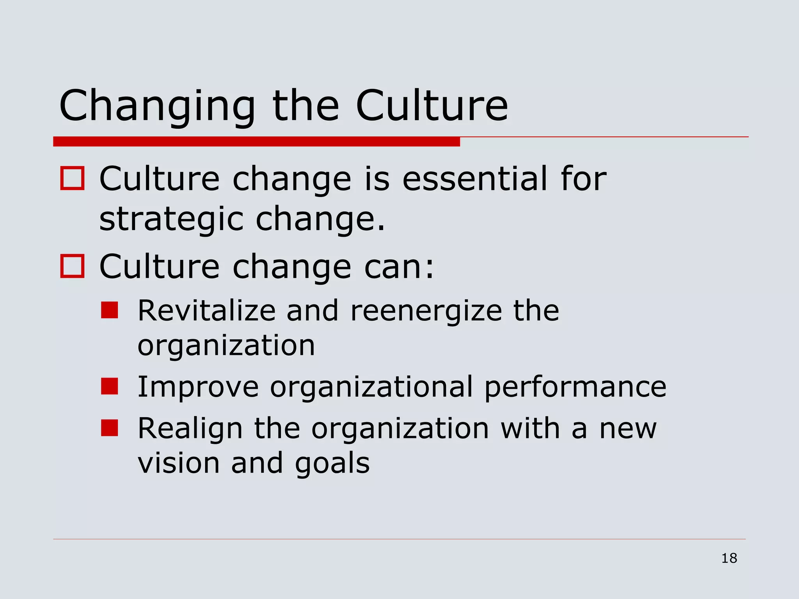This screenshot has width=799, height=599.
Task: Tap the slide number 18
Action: click(729, 558)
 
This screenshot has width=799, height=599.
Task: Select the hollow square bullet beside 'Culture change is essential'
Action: click(72, 178)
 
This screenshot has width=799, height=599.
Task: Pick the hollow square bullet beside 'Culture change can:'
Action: click(72, 266)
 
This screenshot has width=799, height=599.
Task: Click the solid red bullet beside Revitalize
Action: click(109, 310)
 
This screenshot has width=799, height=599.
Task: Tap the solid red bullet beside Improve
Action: click(109, 386)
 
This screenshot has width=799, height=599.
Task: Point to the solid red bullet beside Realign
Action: click(109, 427)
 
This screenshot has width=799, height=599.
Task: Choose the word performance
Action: click(575, 387)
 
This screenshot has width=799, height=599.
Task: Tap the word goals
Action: click(332, 464)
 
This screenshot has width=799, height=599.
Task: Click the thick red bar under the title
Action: click(256, 142)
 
